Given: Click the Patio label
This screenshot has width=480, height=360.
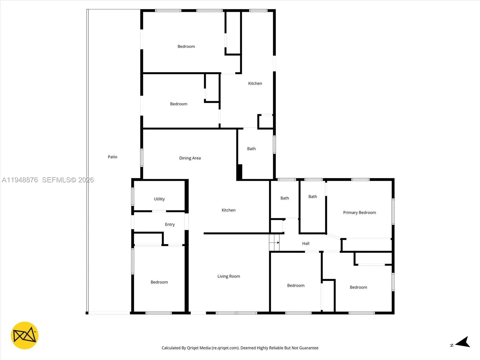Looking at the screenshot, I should [x=112, y=157].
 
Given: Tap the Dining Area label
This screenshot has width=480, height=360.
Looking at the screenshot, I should [x=190, y=158].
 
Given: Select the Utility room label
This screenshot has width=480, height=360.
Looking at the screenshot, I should [x=159, y=199].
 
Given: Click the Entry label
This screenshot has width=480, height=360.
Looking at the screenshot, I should [x=170, y=224].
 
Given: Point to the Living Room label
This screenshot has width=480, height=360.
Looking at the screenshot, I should [x=229, y=276].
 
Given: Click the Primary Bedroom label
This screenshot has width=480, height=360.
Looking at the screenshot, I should [x=359, y=212].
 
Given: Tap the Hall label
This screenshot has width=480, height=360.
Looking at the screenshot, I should [x=306, y=243].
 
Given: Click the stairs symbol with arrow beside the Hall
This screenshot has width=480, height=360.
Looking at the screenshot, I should [x=274, y=243].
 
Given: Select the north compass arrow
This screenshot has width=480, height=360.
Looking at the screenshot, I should [x=462, y=343].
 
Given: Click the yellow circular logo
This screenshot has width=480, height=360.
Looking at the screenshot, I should [x=25, y=335].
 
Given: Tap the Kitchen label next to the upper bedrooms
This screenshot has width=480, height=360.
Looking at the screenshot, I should [x=255, y=83].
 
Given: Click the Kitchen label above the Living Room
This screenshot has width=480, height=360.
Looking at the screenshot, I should [x=229, y=210].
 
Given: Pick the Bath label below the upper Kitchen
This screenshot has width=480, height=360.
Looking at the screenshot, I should [x=251, y=148].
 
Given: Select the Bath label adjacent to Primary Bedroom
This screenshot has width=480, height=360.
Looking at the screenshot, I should [x=313, y=196].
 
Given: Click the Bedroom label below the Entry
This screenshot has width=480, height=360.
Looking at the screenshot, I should [x=159, y=282].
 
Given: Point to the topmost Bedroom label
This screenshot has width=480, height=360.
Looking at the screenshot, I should [x=186, y=46].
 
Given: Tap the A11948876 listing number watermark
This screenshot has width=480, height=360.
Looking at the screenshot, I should [x=20, y=180].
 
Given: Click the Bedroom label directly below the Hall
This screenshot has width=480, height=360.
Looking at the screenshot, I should [x=296, y=285].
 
